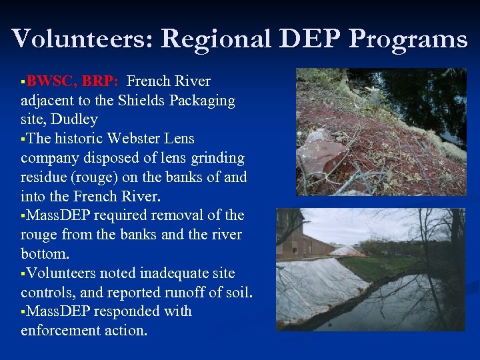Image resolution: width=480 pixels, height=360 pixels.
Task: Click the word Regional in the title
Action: (x=215, y=39)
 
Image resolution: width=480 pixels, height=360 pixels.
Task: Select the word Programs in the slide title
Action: (x=408, y=40)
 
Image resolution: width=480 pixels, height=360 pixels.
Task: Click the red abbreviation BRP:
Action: (x=101, y=81)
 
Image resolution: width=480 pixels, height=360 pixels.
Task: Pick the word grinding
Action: (x=215, y=159)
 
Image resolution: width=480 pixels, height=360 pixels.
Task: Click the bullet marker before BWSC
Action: (x=23, y=82)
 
